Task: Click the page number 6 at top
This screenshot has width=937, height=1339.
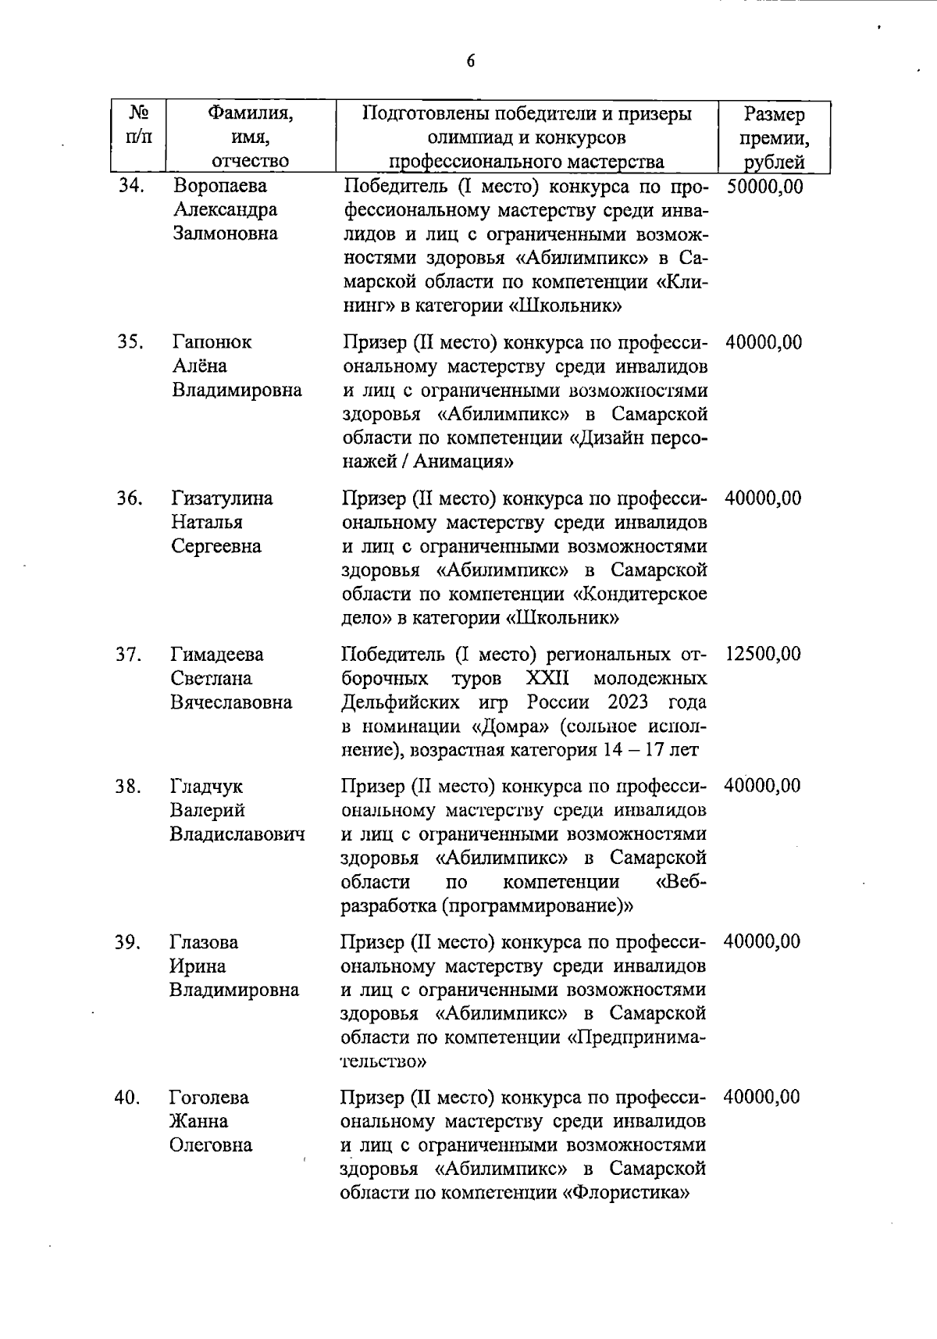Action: [x=470, y=62]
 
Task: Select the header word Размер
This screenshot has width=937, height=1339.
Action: [x=774, y=115]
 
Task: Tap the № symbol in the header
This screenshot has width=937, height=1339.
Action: [x=138, y=112]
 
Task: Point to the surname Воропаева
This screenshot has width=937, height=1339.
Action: [x=219, y=186]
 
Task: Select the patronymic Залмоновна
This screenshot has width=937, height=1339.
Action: [x=225, y=234]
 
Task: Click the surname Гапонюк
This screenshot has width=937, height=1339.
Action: [x=212, y=342]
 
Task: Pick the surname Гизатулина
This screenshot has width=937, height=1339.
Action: [x=222, y=498]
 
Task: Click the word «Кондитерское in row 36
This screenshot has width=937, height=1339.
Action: [x=640, y=594]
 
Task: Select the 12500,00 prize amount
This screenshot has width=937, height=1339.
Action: [x=763, y=654]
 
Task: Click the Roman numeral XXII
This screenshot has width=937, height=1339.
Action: [x=547, y=677]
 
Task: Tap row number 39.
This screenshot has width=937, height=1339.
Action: [x=126, y=942]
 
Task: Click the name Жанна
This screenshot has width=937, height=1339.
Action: [x=199, y=1122]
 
